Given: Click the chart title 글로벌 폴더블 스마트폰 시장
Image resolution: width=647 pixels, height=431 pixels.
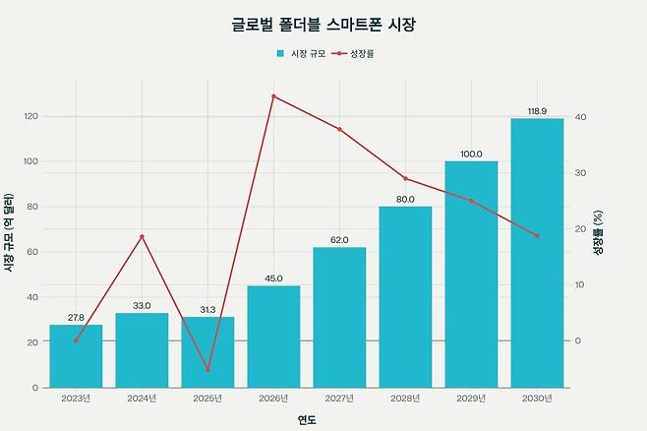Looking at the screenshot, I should (x=323, y=23).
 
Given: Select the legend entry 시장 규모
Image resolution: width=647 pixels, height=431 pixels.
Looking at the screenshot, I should (x=301, y=53).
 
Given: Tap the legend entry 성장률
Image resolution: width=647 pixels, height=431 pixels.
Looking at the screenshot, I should (x=355, y=53).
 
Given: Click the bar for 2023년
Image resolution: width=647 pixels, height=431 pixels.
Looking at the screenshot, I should (x=76, y=356).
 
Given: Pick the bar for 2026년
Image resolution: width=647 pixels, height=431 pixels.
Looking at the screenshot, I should (x=273, y=337).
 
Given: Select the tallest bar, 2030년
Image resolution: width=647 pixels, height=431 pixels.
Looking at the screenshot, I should (x=537, y=253).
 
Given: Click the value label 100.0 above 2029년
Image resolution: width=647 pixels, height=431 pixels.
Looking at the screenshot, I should (x=471, y=154).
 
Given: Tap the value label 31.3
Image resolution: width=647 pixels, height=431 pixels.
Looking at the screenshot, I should (x=207, y=310).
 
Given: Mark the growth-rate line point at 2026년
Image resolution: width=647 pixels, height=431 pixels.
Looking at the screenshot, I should (x=273, y=96).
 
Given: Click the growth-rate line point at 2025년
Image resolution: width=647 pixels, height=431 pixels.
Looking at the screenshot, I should (x=207, y=369).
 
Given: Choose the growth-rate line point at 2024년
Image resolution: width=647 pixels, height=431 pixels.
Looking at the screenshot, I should (x=142, y=236).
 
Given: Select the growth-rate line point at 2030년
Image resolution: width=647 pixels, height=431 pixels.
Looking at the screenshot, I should (x=537, y=235).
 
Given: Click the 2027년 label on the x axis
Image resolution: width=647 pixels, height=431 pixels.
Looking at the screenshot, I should (x=339, y=398).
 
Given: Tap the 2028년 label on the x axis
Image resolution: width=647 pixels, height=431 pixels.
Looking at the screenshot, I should (x=405, y=398).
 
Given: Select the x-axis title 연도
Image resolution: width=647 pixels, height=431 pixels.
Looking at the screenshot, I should (x=307, y=420).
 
